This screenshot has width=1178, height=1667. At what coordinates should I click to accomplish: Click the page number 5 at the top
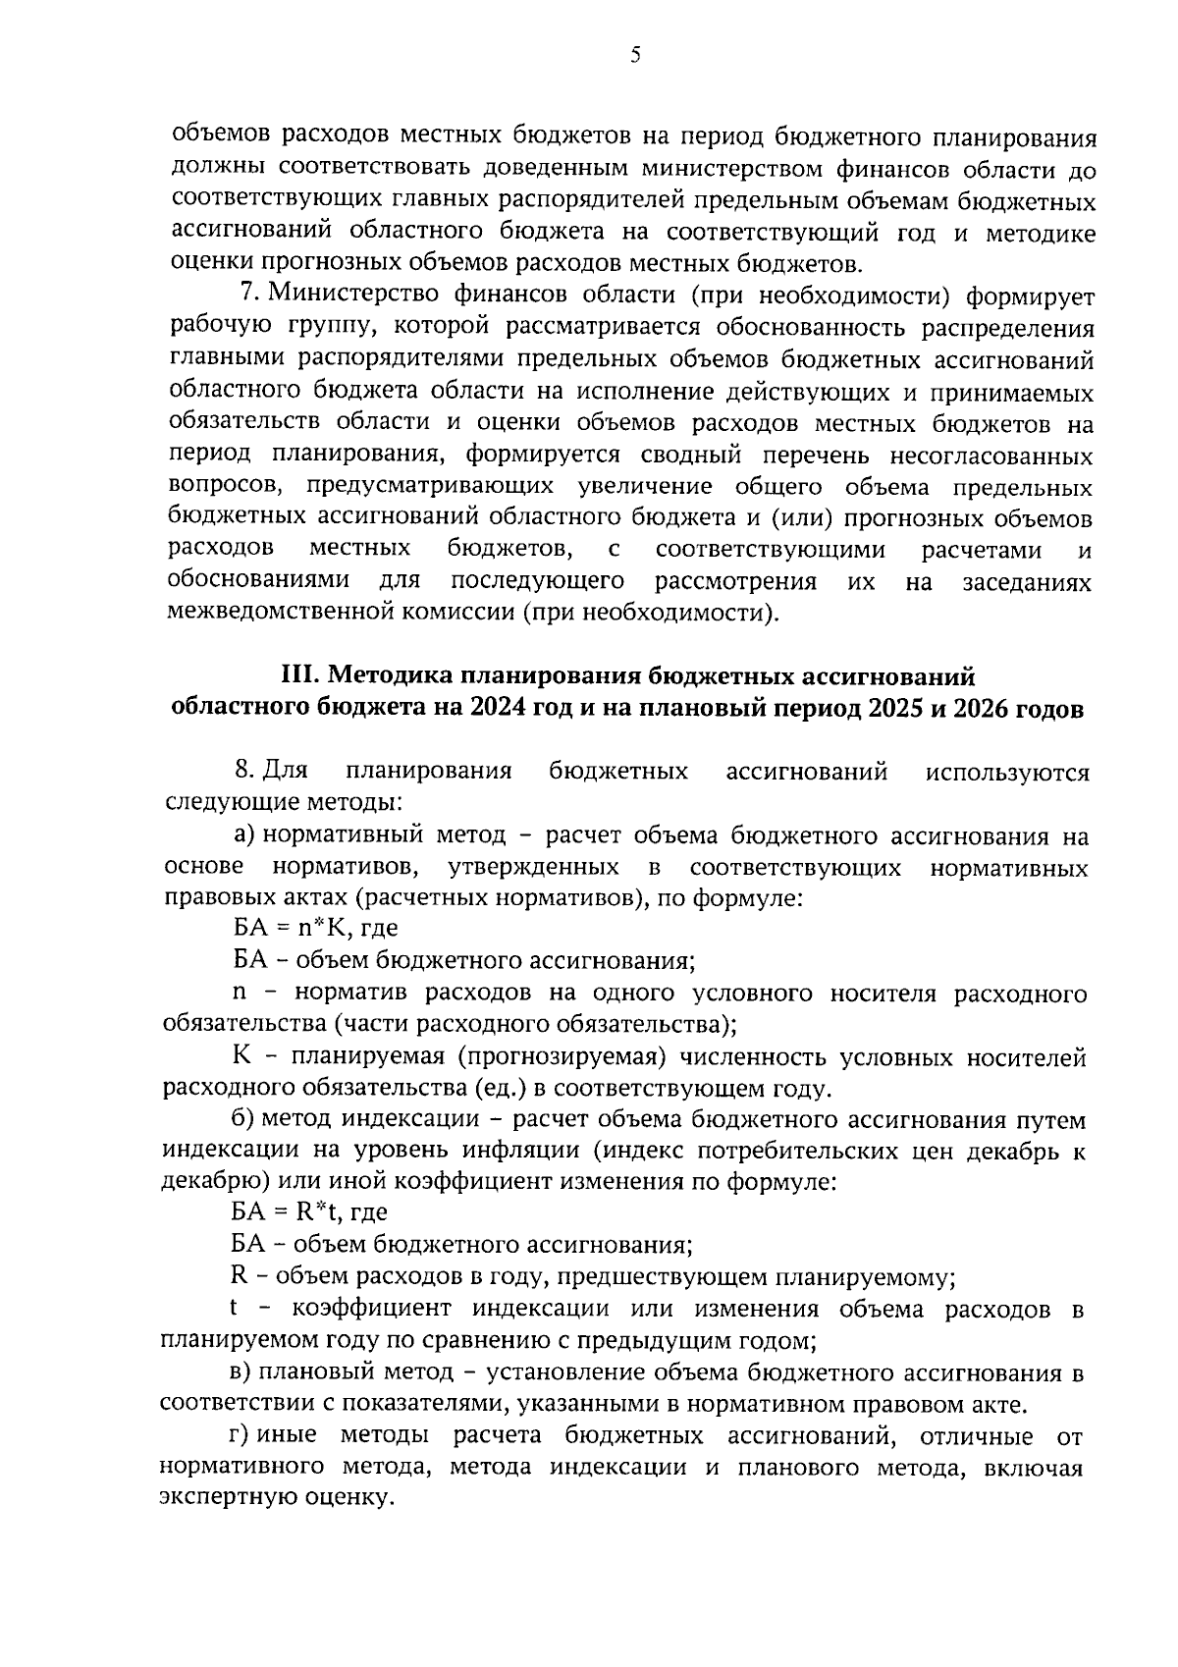click(x=634, y=56)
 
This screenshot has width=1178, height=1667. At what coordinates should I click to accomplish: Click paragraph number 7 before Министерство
click(x=248, y=294)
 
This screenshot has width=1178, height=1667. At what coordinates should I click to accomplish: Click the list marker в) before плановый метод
click(x=241, y=1371)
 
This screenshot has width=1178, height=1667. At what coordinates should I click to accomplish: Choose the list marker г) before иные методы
click(x=241, y=1436)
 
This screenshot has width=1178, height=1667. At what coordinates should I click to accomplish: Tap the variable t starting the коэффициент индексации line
click(x=234, y=1309)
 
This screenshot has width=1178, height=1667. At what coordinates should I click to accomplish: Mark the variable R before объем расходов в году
click(x=238, y=1277)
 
